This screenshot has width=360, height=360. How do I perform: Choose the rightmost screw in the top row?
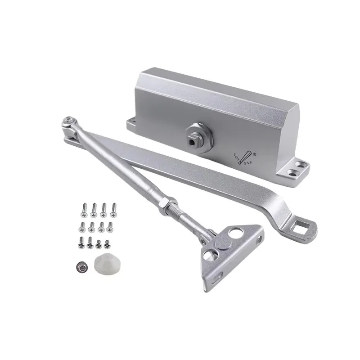pyautogui.click(x=113, y=208)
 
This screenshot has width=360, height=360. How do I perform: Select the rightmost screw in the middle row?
pyautogui.click(x=110, y=226)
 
